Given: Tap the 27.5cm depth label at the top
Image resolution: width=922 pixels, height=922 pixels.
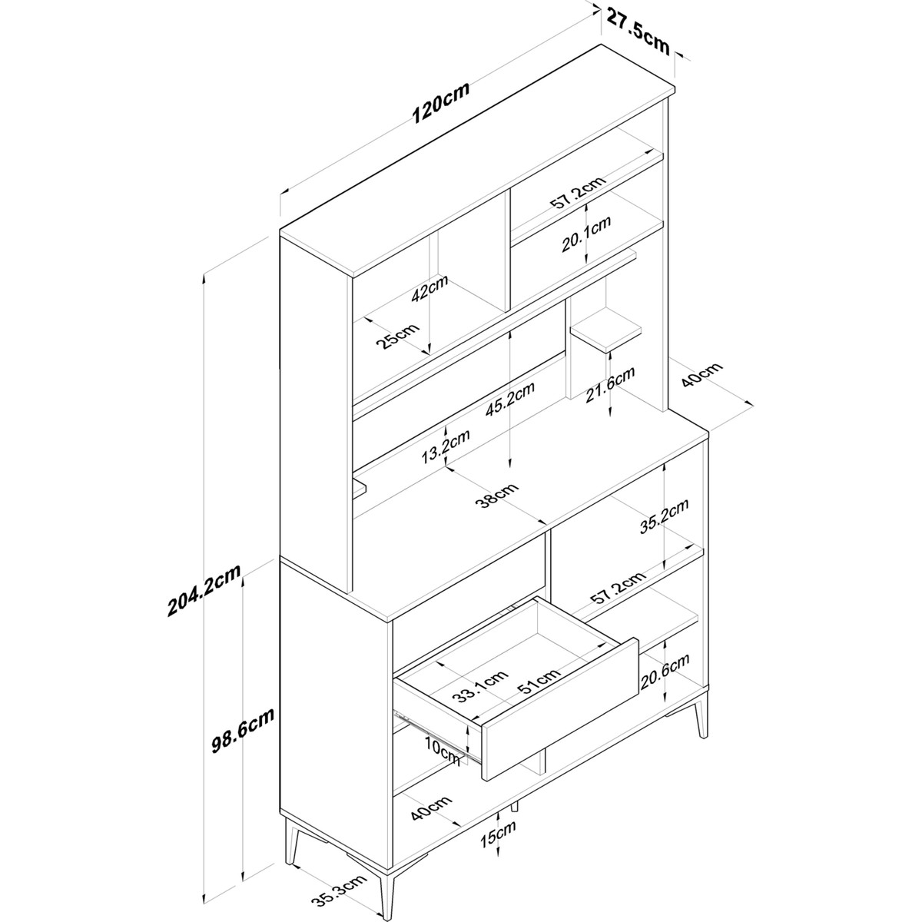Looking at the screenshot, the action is click(638, 31).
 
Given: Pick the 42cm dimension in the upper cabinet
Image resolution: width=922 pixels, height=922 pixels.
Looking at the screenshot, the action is click(429, 288).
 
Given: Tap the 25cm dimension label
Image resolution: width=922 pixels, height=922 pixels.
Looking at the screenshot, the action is click(397, 336).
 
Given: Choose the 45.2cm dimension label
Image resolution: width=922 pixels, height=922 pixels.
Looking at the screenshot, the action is click(509, 400).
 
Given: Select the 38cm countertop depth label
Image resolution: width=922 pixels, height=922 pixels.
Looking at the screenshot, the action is click(497, 496).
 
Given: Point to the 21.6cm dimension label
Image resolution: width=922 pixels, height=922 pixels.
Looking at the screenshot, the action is click(611, 385).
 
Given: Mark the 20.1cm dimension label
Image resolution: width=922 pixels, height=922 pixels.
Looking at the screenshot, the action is click(586, 234).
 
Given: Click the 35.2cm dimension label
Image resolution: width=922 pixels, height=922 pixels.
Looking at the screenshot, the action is click(665, 516).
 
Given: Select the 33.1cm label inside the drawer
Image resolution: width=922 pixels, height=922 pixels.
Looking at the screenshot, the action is click(480, 685).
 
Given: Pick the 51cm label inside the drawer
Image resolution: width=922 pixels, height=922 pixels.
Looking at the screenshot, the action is click(539, 680).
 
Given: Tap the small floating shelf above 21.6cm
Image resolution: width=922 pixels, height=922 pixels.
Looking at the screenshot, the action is click(605, 330).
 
